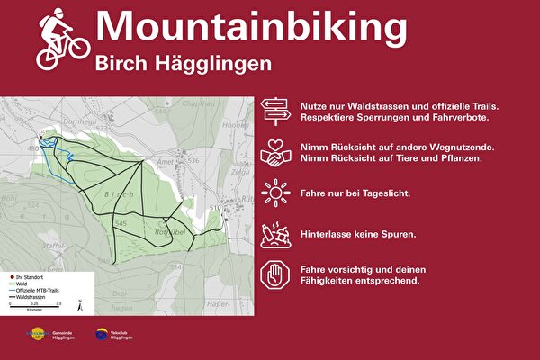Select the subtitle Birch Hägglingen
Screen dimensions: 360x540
pos(183,64)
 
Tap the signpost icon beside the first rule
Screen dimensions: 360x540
pos(276,112)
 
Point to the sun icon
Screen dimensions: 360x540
pos(276,193)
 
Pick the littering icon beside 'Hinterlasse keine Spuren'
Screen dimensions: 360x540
pos(276,234)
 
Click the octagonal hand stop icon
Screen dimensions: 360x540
pos(276,274)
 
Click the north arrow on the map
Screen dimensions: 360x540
pos(80,304)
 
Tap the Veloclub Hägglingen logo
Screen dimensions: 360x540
pos(103,335)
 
